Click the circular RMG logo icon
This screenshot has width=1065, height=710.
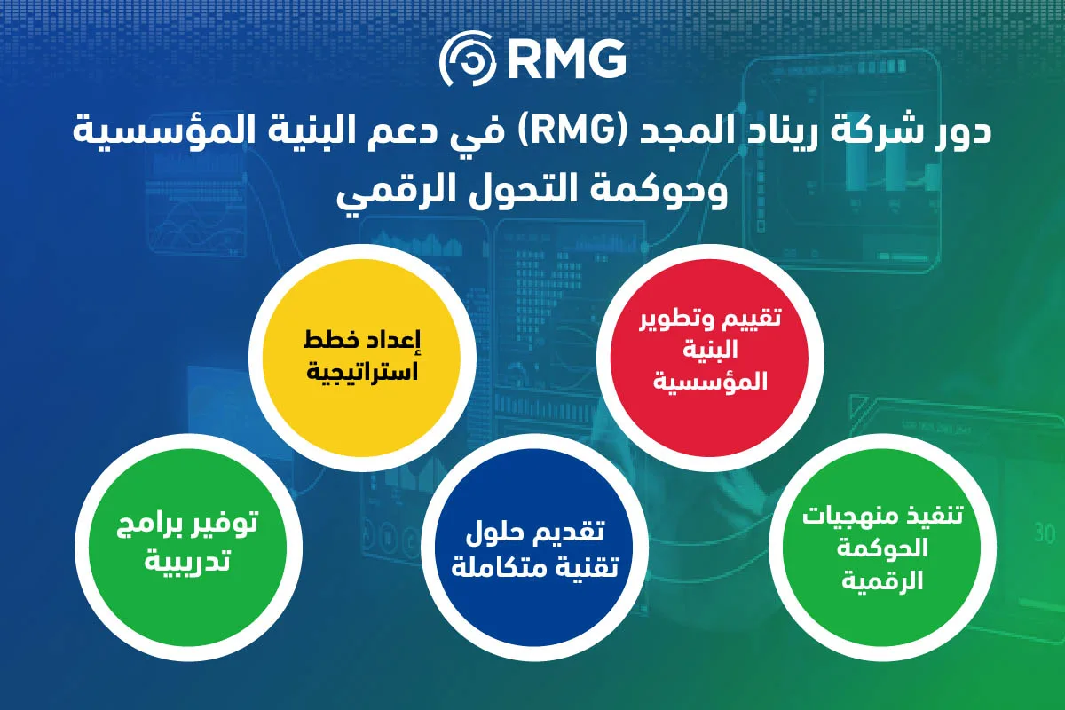click(468, 59)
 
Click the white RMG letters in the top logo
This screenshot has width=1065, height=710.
click(567, 59)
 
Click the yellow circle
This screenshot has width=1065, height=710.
click(362, 358)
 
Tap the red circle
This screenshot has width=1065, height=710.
click(710, 358)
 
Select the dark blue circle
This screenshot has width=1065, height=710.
click(535, 547)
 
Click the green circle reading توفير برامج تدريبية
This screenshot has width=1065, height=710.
click(188, 547)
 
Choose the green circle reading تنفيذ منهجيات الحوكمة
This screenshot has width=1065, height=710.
click(882, 547)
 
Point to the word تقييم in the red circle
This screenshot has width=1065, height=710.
click(755, 318)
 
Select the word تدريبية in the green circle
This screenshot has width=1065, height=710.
click(187, 560)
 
